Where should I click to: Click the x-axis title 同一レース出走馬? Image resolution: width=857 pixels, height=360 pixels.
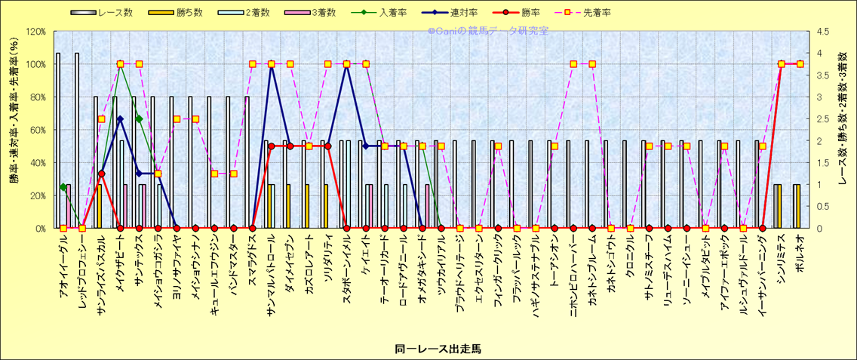438,349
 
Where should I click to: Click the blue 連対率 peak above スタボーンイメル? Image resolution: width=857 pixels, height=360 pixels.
347,65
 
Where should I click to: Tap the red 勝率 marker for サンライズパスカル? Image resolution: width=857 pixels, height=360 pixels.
101,174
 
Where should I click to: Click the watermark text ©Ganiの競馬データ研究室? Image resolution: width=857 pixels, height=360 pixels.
488,31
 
